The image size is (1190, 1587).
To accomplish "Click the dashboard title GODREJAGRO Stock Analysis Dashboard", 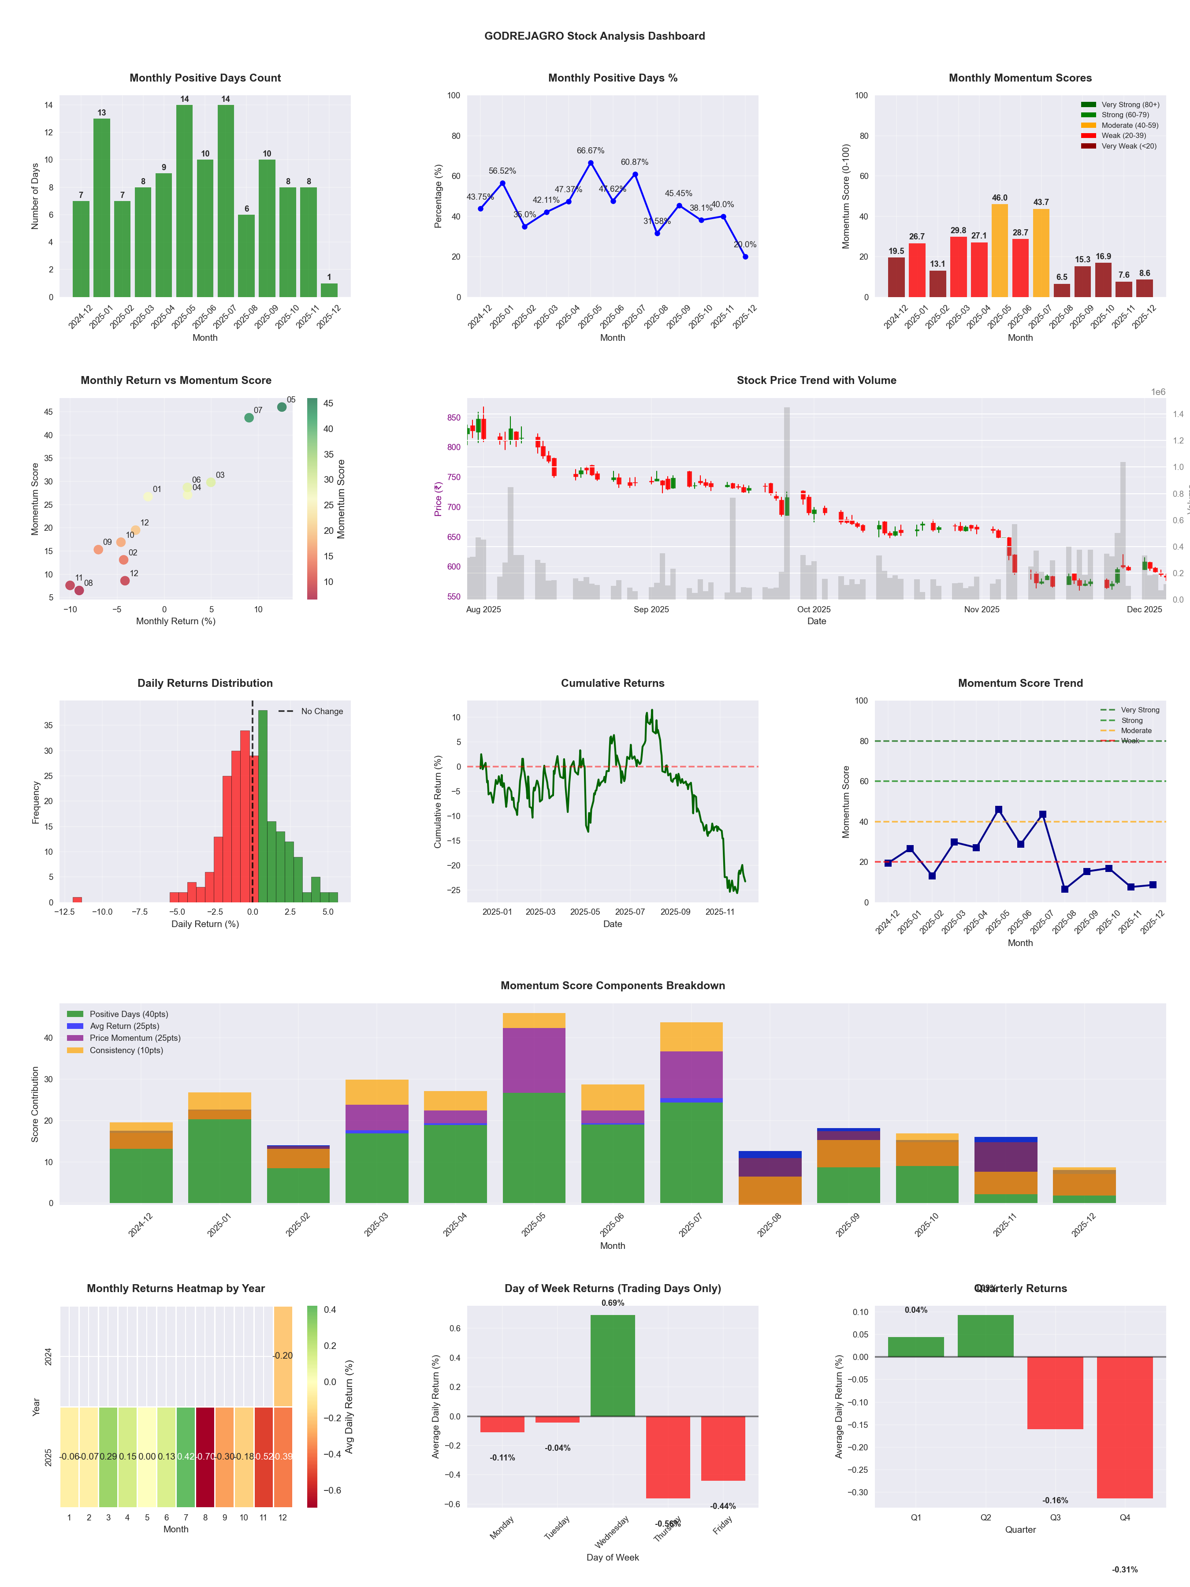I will pos(594,36).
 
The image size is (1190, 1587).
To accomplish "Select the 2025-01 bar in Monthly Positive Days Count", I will pos(102,208).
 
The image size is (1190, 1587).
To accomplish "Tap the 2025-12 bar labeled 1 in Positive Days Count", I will pos(329,290).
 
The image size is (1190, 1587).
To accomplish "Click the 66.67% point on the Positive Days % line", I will pos(591,163).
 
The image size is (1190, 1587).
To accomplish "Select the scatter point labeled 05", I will pos(282,407).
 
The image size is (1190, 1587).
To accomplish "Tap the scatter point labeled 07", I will pos(249,417).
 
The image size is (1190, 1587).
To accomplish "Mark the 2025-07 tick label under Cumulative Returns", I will pos(630,912).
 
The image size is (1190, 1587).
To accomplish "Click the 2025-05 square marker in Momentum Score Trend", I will pos(998,810).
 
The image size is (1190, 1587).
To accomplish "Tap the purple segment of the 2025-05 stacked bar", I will pos(534,1060).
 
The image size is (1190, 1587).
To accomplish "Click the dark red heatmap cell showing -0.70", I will pos(205,1457).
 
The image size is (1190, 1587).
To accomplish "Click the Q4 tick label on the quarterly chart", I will pos(1125,1517).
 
